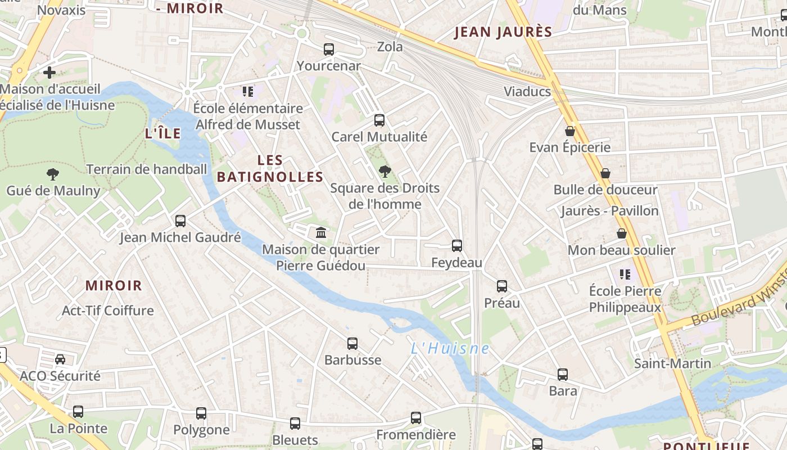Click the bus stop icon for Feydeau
coord(457,246)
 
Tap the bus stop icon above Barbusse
coord(352,343)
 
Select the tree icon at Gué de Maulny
coord(53,174)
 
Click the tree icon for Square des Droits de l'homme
coord(385,171)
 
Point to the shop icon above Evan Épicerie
coord(570,131)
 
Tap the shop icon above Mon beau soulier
coord(622,233)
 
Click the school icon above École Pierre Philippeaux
coord(625,274)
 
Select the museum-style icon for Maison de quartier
coord(321,232)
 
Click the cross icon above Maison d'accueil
coord(49,73)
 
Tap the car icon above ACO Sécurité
coord(60,359)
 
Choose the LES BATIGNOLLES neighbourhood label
coord(270,169)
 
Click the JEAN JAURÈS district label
coord(503,32)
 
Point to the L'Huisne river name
coord(450,349)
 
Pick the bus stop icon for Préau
coord(502,286)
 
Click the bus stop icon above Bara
coord(563,374)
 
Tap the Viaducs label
coord(527,92)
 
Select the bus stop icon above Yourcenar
coord(329,49)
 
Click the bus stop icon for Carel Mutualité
coord(379,120)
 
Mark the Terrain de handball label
coord(146,169)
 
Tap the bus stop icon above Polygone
coord(201,413)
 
